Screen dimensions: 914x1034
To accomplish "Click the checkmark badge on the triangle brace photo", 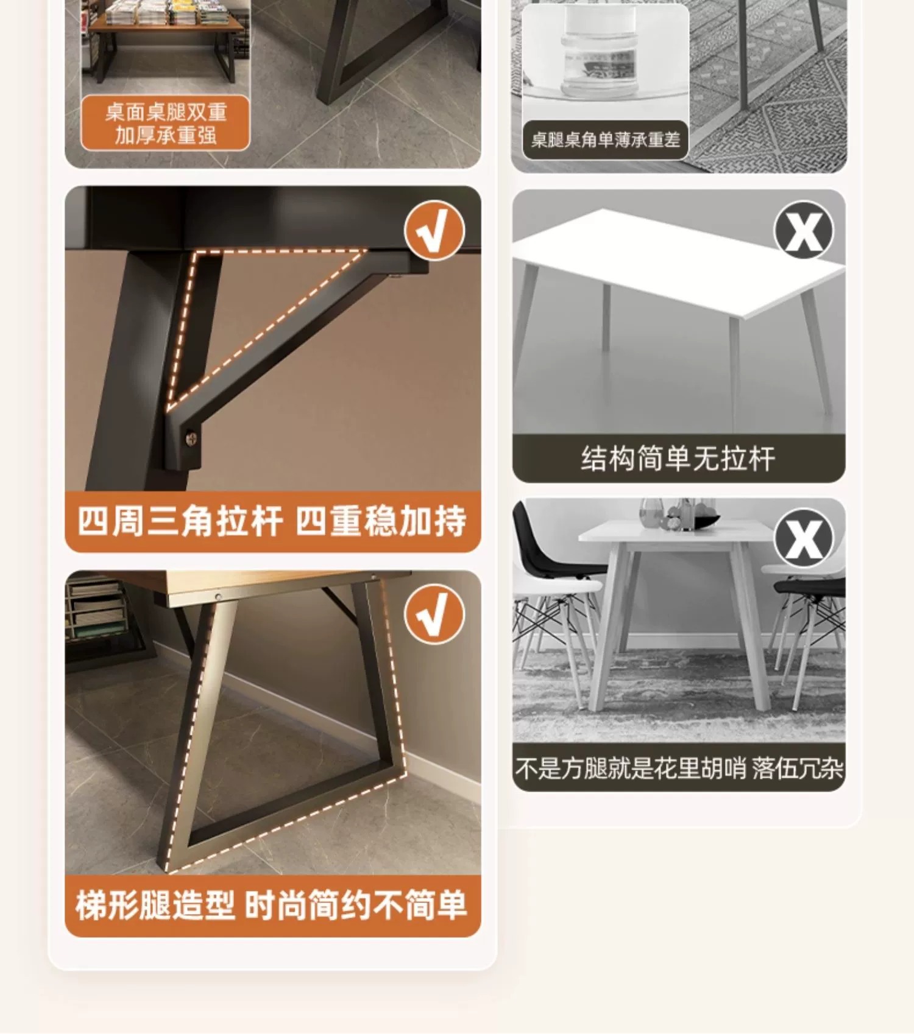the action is click(434, 231).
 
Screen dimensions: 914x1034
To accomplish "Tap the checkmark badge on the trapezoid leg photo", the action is click(434, 614).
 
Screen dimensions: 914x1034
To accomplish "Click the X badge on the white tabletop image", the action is click(804, 230).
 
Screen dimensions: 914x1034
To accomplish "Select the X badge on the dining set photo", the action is click(804, 538).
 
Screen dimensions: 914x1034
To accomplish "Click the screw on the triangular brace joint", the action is click(191, 438).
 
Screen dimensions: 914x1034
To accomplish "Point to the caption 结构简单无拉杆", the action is click(678, 459).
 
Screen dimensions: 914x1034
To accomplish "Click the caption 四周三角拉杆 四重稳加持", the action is click(272, 521).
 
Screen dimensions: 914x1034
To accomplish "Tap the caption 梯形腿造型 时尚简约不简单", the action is click(272, 906).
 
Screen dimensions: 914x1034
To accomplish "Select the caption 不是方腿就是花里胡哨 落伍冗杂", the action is click(679, 768).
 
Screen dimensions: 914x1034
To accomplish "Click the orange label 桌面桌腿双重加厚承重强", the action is click(166, 123).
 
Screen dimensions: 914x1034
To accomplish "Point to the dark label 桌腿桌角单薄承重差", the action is click(605, 140).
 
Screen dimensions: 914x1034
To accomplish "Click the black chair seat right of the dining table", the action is click(810, 586).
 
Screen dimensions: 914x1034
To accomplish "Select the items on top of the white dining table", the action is click(678, 515).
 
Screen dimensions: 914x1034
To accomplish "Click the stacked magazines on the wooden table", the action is click(166, 12).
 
